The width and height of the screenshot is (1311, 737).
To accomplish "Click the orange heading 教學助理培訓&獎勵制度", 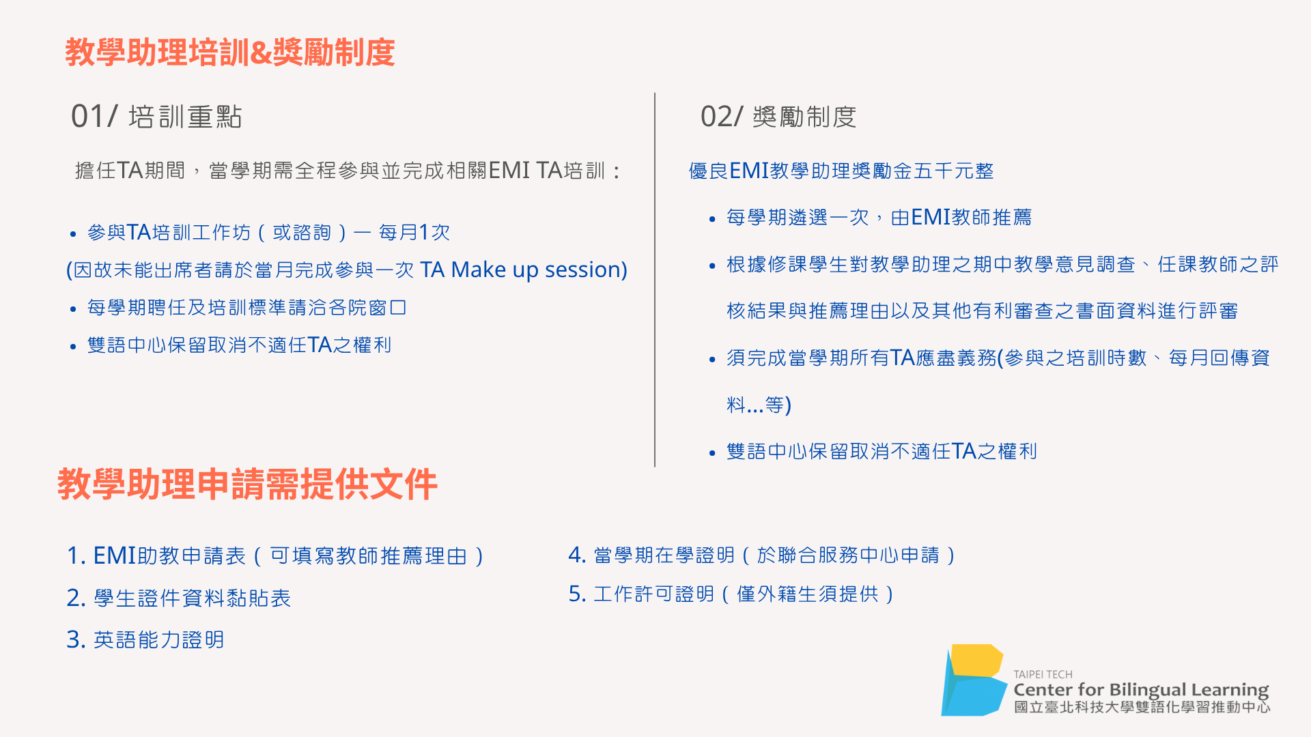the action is point(230,53).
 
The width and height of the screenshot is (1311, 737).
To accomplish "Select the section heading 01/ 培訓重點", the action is point(156,117).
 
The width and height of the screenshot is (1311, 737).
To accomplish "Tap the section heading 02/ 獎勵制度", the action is point(778,117).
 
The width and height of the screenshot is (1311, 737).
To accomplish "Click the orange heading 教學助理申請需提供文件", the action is point(247,485).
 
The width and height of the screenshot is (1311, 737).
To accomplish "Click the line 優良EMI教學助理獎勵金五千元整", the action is point(841,171).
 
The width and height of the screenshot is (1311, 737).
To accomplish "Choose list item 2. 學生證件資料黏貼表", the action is point(179,598).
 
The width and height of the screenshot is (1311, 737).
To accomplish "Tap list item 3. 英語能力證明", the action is point(145,640).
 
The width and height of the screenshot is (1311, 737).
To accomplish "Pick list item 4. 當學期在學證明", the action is point(762,555).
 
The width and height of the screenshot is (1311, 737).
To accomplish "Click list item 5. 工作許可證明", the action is point(731,594).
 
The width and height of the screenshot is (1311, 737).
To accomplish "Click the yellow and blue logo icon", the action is point(972,680).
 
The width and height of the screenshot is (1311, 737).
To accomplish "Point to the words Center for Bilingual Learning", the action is point(1141,690).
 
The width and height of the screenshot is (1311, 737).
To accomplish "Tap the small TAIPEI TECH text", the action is point(1043,674).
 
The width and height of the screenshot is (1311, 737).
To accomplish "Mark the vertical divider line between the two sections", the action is point(655,280).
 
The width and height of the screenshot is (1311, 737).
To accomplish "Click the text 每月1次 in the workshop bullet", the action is point(414,233).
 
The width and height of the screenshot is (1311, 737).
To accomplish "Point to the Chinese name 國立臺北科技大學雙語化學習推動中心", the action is point(1142,708).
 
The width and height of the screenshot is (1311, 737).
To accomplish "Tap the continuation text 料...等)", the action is point(759,405).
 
